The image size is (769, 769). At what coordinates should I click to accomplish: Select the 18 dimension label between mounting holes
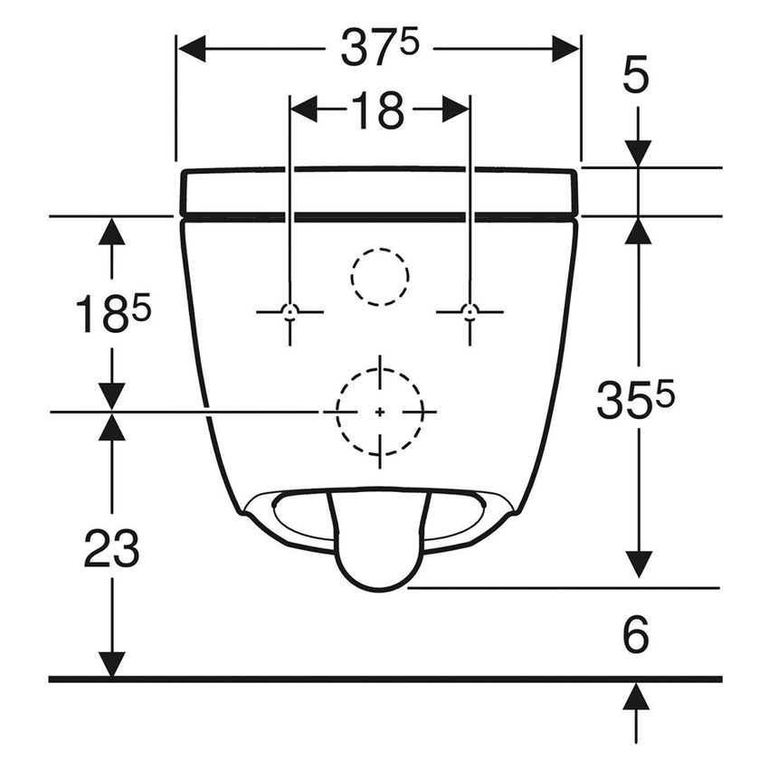coord(378,110)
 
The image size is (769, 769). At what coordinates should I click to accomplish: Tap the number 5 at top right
coord(637,77)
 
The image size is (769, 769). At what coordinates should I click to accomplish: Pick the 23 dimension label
coord(111,548)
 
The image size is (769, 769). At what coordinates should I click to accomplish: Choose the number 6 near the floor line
coord(637,636)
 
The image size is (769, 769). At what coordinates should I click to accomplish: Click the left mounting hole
coord(290,311)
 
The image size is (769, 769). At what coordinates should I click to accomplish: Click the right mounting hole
coord(469,311)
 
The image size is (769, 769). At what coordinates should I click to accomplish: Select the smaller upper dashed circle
coord(379,275)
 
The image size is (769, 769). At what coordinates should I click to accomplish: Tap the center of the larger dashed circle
coord(380,412)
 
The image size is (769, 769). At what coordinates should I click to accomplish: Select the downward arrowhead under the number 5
coord(639,153)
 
